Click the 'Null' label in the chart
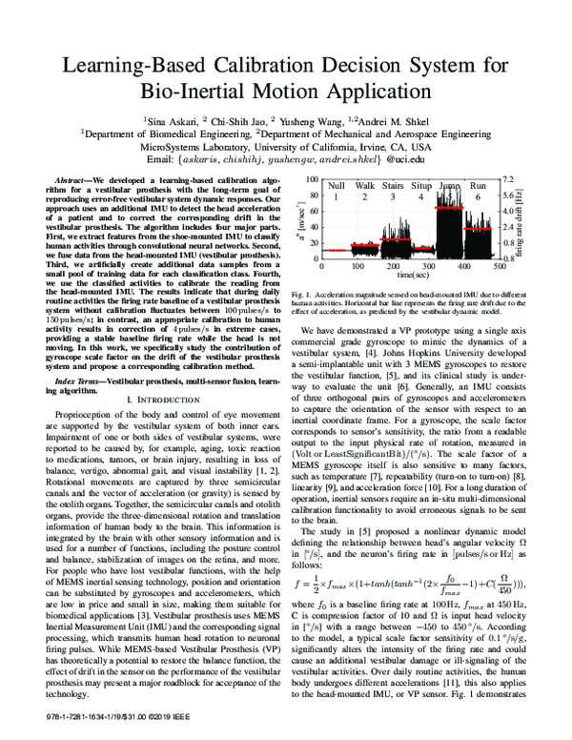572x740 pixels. [337, 184]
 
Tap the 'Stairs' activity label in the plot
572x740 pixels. [394, 184]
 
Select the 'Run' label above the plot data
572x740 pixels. [479, 184]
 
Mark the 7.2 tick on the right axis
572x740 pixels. [508, 178]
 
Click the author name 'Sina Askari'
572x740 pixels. [171, 123]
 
